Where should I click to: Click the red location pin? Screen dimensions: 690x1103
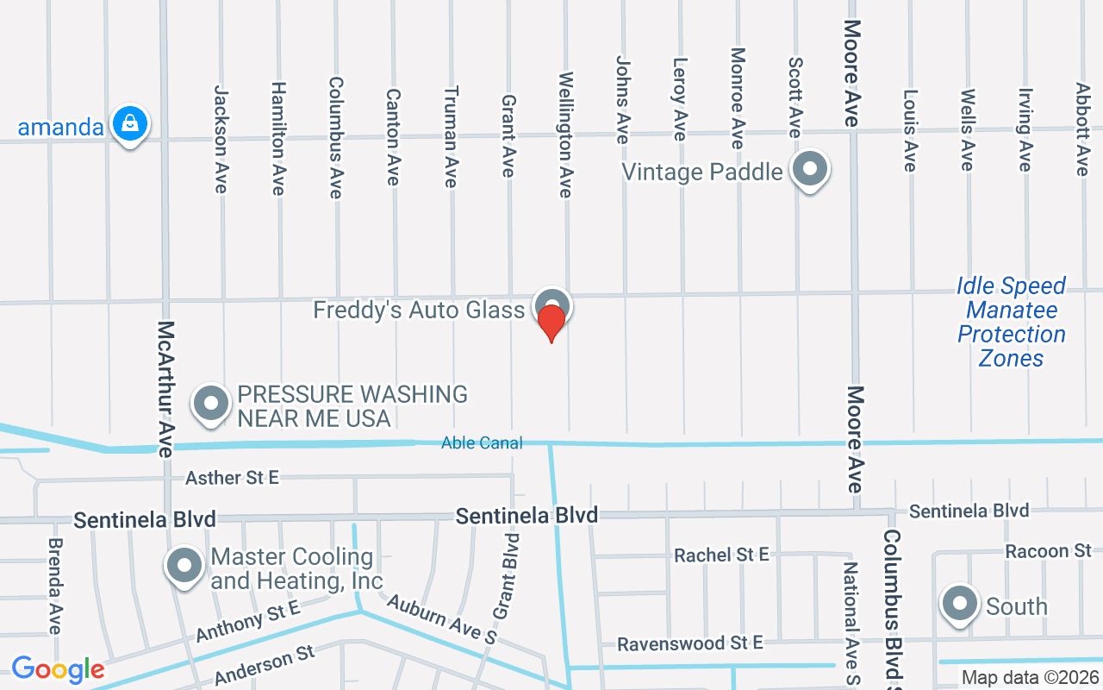tap(551, 323)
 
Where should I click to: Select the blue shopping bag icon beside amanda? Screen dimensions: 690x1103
tap(129, 124)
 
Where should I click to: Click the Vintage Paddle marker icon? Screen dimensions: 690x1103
tap(809, 170)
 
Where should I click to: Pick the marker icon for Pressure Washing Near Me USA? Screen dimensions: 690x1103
tap(210, 404)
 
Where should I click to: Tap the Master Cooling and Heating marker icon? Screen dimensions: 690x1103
tap(184, 566)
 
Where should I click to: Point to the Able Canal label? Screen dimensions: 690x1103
tap(482, 443)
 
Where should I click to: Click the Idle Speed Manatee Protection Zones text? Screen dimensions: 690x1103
tap(1011, 322)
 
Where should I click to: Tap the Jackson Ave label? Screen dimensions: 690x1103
tap(221, 138)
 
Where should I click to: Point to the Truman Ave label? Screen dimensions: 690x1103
tap(451, 136)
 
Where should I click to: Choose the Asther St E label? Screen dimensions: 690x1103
tap(233, 477)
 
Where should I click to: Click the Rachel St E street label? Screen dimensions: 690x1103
tap(721, 555)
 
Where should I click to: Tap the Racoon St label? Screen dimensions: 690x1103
tap(1049, 550)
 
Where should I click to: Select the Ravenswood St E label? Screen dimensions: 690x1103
tap(690, 643)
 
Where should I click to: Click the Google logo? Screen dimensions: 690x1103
tap(58, 668)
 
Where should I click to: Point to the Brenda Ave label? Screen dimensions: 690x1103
tap(55, 586)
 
